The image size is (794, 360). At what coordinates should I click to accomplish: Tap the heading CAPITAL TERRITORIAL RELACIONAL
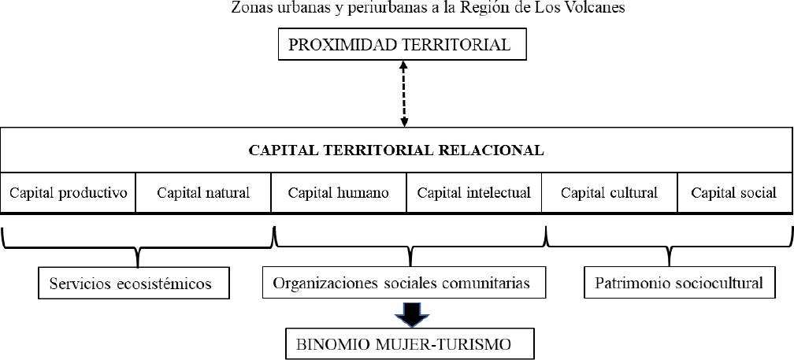point(396,150)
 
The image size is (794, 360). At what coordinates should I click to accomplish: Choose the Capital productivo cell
point(69,192)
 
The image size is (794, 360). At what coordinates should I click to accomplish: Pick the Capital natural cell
point(203,192)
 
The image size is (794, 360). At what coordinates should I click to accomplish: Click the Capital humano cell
point(338,192)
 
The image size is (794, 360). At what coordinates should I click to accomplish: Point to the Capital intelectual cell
point(474,192)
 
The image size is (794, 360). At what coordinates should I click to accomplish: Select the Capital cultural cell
point(609,192)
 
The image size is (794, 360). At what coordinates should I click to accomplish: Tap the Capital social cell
point(733,192)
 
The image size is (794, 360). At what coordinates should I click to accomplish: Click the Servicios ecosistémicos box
point(134,284)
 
